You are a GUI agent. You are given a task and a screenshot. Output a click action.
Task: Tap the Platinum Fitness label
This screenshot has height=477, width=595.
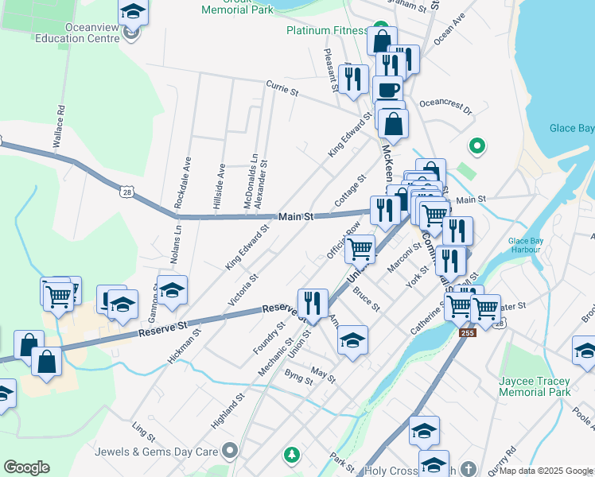(328, 31)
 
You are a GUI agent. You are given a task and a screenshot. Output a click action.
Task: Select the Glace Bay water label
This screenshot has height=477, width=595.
(571, 129)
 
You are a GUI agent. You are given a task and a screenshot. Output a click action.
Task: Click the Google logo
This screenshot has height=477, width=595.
(26, 467)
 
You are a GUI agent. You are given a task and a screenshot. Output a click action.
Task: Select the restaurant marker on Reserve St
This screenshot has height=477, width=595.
(313, 302)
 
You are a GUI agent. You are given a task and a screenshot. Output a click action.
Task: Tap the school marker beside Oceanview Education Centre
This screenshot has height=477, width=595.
(134, 12)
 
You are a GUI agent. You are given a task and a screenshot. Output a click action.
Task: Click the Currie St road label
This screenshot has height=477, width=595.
(282, 87)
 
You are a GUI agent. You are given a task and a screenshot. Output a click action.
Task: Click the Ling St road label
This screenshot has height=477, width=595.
(143, 432)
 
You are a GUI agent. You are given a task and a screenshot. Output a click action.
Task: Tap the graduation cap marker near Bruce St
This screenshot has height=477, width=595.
(353, 339)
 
